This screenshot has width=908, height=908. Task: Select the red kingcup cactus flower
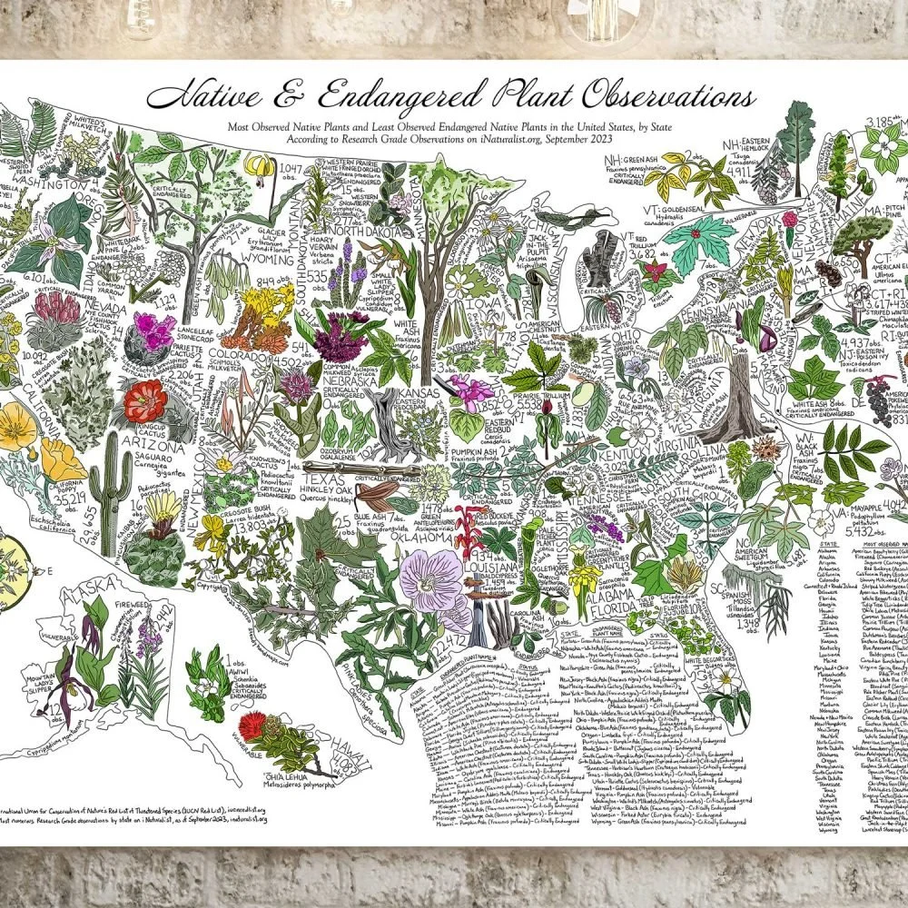pos(145,400)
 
